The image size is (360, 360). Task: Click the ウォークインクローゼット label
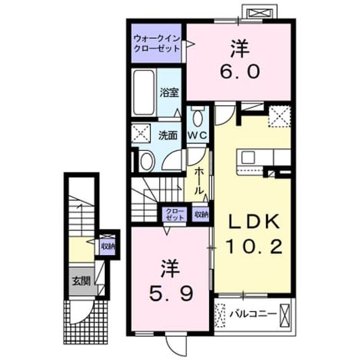(x=156, y=44)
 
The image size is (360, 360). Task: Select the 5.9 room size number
(x=171, y=294)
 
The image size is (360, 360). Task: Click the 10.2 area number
(x=254, y=246)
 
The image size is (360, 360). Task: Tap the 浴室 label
(x=169, y=92)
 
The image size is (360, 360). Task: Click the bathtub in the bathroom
(x=144, y=92)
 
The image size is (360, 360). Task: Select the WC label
(x=198, y=136)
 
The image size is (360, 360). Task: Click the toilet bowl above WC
(x=197, y=116)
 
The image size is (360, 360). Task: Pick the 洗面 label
(x=168, y=136)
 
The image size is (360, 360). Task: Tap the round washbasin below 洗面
(x=146, y=161)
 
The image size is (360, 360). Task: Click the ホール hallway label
(x=199, y=181)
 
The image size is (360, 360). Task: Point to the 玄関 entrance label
(x=81, y=281)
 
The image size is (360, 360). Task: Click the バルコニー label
(x=253, y=314)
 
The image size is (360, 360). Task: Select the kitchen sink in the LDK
(x=247, y=158)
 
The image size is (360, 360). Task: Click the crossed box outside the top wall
(x=260, y=12)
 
